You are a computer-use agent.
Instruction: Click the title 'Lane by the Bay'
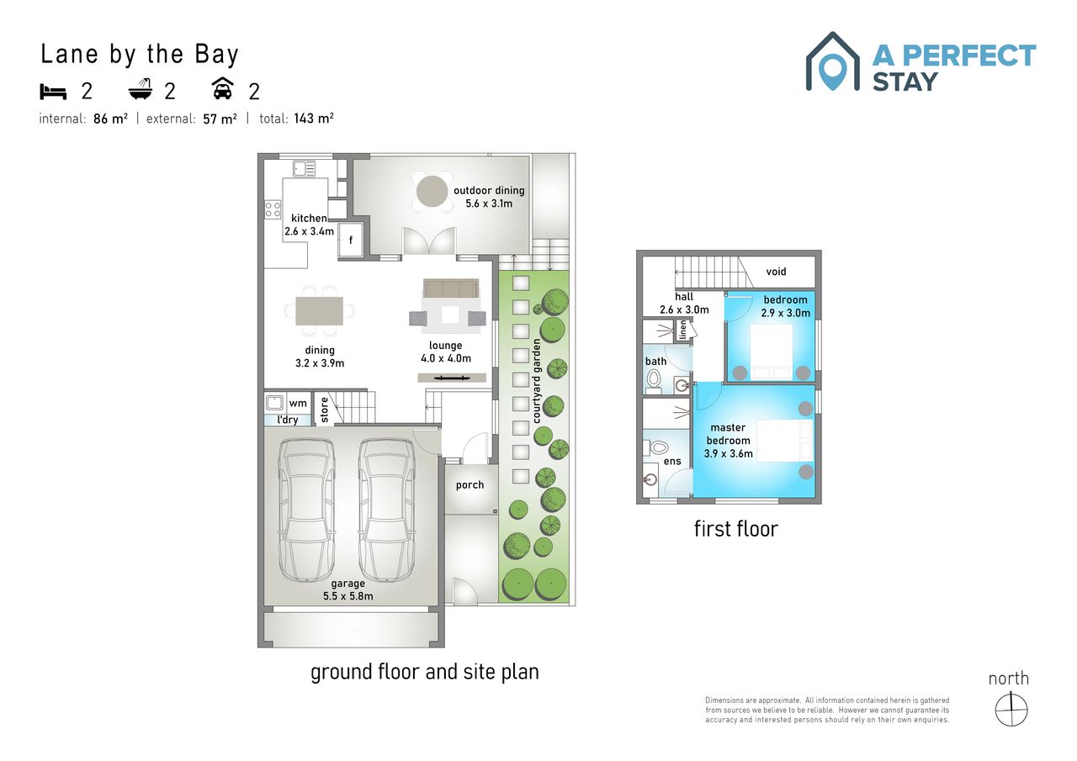point(140,55)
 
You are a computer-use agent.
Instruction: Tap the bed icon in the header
point(53,92)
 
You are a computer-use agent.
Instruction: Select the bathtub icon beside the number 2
point(141,89)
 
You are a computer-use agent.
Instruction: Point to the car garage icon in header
point(223,88)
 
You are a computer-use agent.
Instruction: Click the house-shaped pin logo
point(832,61)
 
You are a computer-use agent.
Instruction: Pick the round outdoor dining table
point(432,191)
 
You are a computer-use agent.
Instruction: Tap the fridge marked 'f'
point(351,240)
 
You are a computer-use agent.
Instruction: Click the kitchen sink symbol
point(304,169)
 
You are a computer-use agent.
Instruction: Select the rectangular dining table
point(319,311)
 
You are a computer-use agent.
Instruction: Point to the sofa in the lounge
point(451,288)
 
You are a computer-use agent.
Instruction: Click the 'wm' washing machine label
point(298,404)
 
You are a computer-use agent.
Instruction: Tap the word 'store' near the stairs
point(325,410)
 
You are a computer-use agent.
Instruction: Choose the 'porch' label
point(470,485)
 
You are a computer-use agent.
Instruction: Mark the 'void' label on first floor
point(776,272)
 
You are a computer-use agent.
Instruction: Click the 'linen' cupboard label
point(682,330)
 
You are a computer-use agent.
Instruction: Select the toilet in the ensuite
point(658,448)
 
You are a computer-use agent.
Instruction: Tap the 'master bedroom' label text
point(728,434)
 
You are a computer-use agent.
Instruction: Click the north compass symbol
point(1011,709)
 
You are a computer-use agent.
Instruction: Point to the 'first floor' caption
point(736,529)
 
